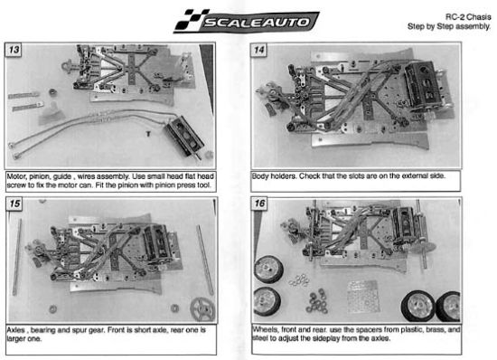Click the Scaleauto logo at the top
click(x=247, y=21)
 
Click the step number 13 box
click(x=14, y=50)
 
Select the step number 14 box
click(x=259, y=50)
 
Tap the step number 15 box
click(x=14, y=204)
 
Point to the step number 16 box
click(x=259, y=204)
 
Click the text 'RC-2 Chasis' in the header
click(x=468, y=17)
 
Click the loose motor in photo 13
click(x=184, y=137)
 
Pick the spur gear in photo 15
click(x=202, y=309)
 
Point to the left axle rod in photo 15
click(x=17, y=257)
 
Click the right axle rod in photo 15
click(x=205, y=260)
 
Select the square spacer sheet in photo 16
click(x=362, y=296)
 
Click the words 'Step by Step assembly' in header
click(x=449, y=26)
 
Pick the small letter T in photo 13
click(x=148, y=134)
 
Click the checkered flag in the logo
click(x=191, y=20)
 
